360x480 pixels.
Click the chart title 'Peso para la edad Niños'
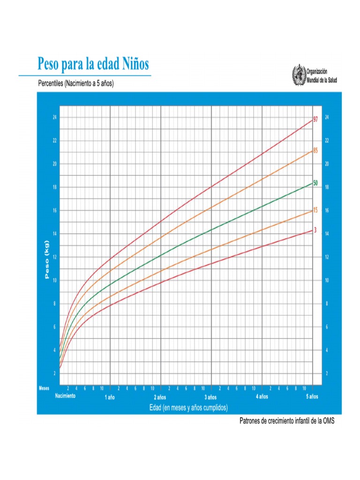click(93, 63)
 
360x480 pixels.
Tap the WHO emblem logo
click(298, 75)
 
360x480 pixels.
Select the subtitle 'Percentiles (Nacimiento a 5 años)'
click(76, 84)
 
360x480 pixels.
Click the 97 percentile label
click(315, 120)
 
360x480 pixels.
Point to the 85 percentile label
click(315, 150)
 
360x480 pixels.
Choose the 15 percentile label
click(315, 210)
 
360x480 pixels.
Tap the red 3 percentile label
click(315, 230)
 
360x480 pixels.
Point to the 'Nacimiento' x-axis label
click(65, 396)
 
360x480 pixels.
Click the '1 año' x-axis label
click(109, 397)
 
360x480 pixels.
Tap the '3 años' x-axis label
click(211, 397)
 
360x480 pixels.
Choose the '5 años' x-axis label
click(312, 397)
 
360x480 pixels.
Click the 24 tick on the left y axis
click(55, 117)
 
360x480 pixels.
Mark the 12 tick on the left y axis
click(55, 257)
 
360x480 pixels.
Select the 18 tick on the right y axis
click(327, 187)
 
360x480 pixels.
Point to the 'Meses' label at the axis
click(44, 388)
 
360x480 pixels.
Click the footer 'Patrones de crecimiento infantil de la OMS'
click(287, 421)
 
